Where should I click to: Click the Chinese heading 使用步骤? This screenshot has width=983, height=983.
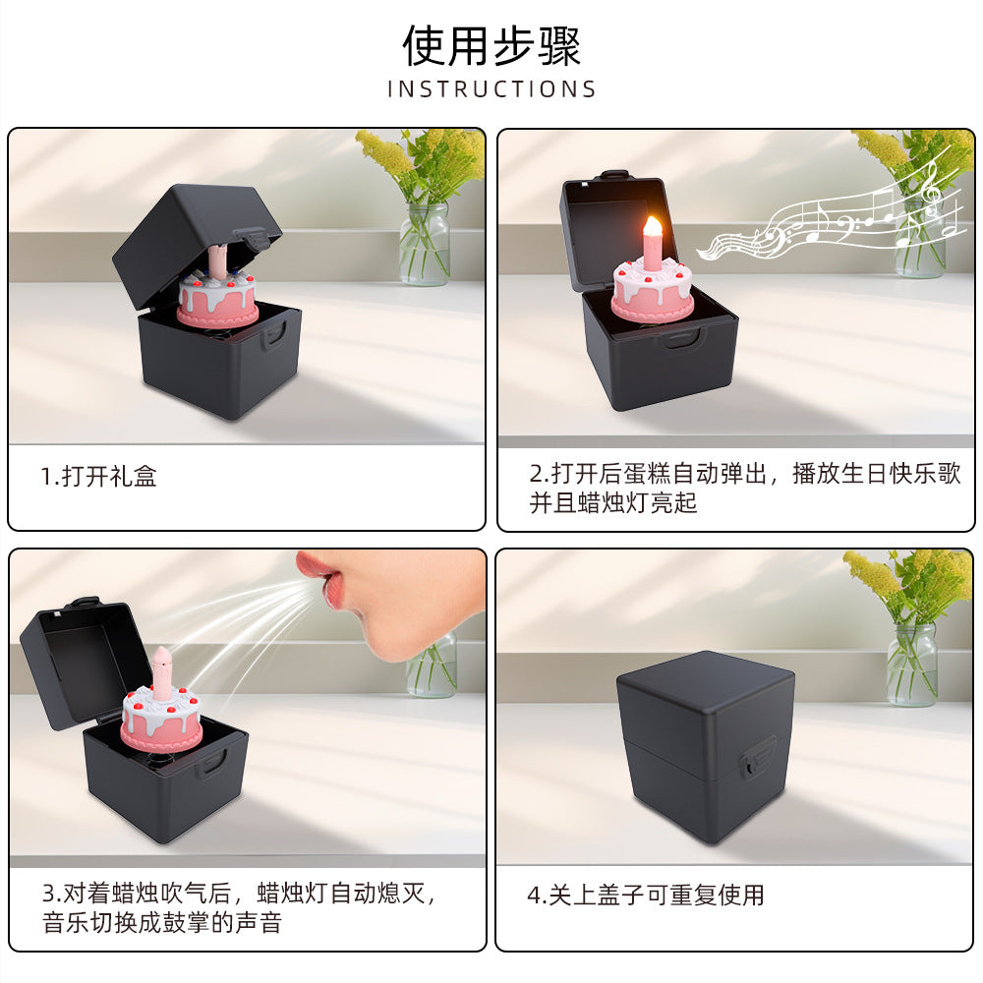491,44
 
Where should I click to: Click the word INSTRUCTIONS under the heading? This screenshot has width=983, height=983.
491,89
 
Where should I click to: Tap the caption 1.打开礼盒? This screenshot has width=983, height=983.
98,478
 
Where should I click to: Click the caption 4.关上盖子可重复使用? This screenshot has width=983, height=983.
646,896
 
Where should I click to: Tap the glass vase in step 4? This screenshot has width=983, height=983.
912,665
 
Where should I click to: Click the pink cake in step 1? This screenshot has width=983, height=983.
217,299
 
